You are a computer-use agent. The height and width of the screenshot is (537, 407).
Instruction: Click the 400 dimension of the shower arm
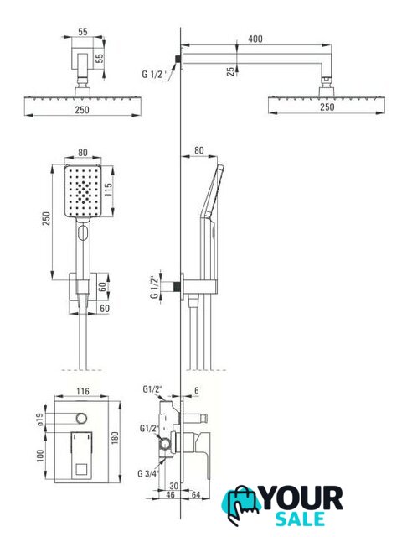(255, 39)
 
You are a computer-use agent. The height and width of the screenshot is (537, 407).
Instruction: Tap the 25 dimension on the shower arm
(231, 70)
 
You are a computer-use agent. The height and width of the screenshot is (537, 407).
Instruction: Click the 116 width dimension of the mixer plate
(83, 391)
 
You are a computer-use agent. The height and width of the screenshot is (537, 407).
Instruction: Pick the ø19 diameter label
(39, 420)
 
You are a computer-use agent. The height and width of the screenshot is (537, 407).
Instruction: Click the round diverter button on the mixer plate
(81, 418)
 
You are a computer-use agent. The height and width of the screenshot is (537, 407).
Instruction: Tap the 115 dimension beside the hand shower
(108, 190)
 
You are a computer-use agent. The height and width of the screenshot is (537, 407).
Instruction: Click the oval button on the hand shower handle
(83, 232)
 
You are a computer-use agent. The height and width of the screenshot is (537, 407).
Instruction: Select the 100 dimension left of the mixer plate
(40, 456)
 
